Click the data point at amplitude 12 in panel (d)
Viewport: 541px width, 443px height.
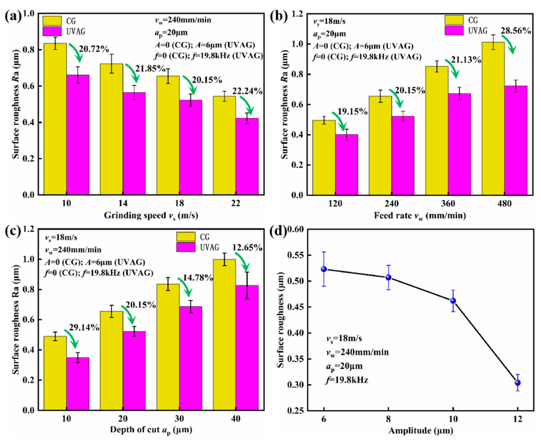click(518, 383)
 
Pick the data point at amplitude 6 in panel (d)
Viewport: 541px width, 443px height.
click(324, 269)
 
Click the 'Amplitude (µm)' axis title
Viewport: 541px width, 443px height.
click(421, 431)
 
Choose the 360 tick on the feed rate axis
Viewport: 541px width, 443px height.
click(448, 203)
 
